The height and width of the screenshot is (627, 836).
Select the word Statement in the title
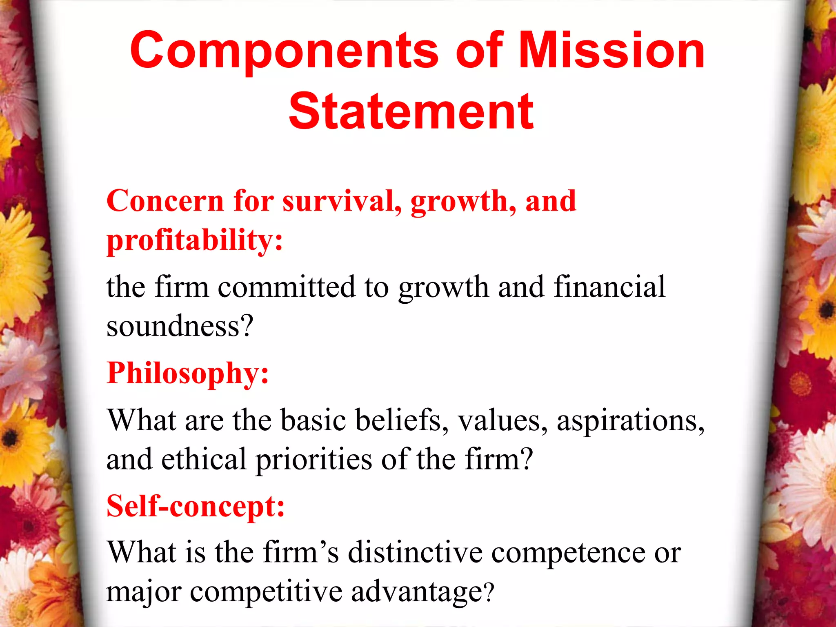tap(411, 111)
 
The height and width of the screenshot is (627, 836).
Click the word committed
tap(286, 287)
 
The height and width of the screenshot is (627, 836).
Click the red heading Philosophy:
tap(188, 373)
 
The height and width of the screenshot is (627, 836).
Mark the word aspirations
tap(631, 420)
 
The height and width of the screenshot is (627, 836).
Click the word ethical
tap(204, 459)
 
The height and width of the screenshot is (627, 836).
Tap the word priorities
tap(313, 460)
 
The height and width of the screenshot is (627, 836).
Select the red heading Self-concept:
tap(196, 506)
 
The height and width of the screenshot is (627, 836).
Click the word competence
tap(569, 553)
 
